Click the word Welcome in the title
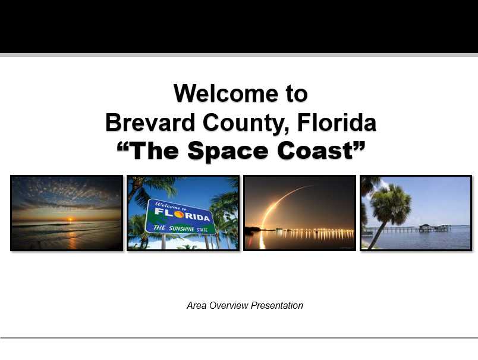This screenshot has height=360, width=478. tap(226, 93)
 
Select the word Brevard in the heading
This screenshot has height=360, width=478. tap(150, 123)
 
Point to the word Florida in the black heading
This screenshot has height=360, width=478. tap(337, 123)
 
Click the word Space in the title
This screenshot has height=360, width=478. tap(228, 151)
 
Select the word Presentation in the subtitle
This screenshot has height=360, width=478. tap(277, 305)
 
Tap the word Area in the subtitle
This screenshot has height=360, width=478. tap(197, 305)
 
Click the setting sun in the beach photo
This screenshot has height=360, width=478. tap(70, 219)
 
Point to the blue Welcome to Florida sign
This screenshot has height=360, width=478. tap(180, 217)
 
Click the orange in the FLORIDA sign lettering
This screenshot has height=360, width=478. tap(179, 214)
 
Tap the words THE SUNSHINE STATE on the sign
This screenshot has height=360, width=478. tap(180, 228)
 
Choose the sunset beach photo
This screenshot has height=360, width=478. tap(67, 213)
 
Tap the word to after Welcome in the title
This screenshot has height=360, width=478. tap(296, 94)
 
